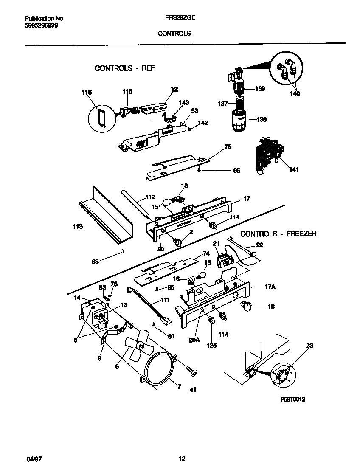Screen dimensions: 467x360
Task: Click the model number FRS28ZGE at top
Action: pyautogui.click(x=174, y=18)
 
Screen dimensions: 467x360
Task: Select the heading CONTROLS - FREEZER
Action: pyautogui.click(x=278, y=234)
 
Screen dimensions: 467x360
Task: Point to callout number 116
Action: pyautogui.click(x=87, y=92)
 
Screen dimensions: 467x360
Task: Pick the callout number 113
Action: pyautogui.click(x=76, y=227)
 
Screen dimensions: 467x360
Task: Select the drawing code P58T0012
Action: pyautogui.click(x=292, y=399)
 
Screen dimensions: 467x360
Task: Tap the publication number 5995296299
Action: pyautogui.click(x=42, y=25)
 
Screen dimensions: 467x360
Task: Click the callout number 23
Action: pyautogui.click(x=309, y=346)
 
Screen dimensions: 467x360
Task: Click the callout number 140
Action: pyautogui.click(x=295, y=93)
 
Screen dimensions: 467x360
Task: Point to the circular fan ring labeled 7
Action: pyautogui.click(x=158, y=369)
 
